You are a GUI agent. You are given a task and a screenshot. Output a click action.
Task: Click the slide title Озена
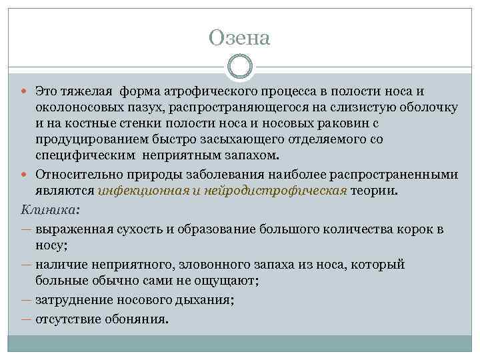(x=239, y=38)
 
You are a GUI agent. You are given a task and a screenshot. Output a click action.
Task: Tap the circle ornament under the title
(x=239, y=67)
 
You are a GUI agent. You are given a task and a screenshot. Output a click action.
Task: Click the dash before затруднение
(x=26, y=301)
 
